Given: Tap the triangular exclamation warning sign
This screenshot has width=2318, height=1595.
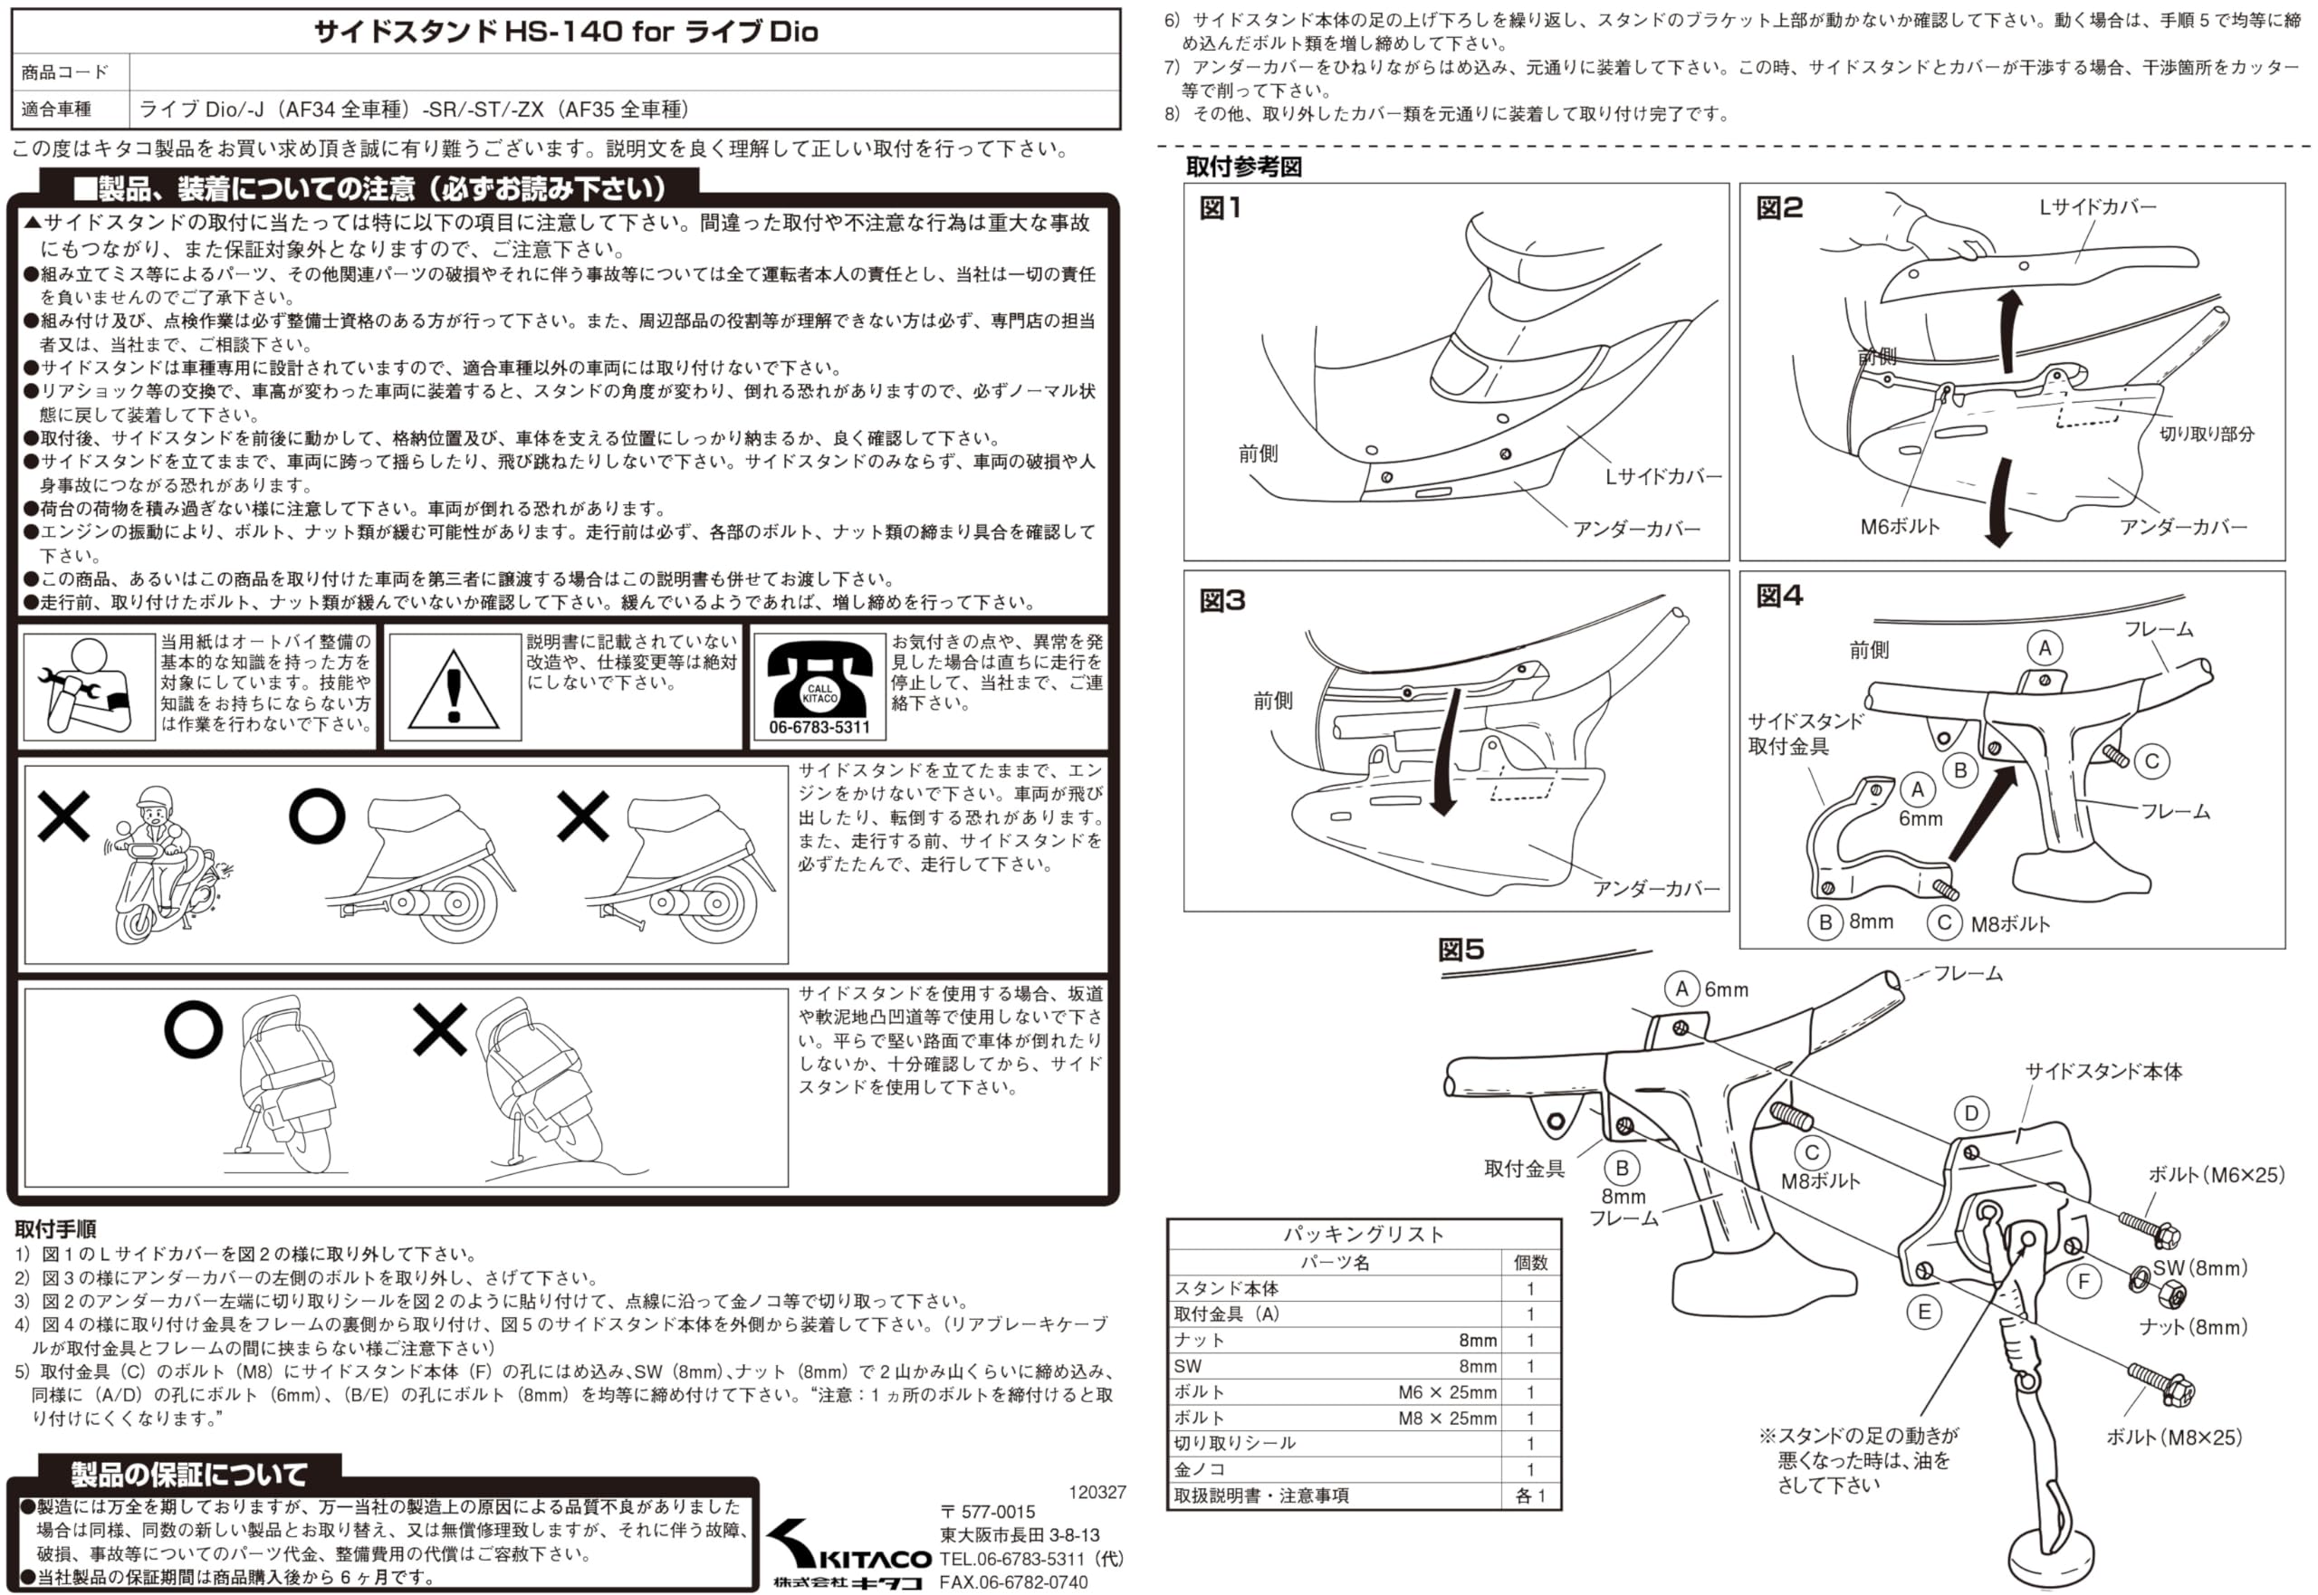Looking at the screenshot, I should [454, 689].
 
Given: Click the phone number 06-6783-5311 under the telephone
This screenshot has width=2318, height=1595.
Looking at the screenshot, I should [819, 727].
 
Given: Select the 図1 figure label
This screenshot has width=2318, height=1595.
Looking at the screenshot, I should [1221, 208].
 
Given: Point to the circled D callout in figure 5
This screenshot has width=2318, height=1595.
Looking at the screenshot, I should [1970, 1113].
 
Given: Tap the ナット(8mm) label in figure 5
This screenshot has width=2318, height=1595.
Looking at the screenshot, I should [2193, 1326].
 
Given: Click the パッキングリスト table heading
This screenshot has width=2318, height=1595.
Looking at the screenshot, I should [1364, 1234].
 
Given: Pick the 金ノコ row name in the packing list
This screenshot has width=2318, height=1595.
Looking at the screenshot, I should [1200, 1469].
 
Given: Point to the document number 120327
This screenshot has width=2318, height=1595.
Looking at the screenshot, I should [1097, 1492].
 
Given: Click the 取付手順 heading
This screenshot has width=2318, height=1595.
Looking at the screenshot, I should [56, 1228].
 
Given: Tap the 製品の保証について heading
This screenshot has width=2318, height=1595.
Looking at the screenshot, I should [189, 1473].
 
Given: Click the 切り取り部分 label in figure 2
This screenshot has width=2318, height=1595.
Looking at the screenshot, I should [2206, 434].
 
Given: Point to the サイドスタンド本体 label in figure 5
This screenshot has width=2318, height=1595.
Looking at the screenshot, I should [2103, 1071].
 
